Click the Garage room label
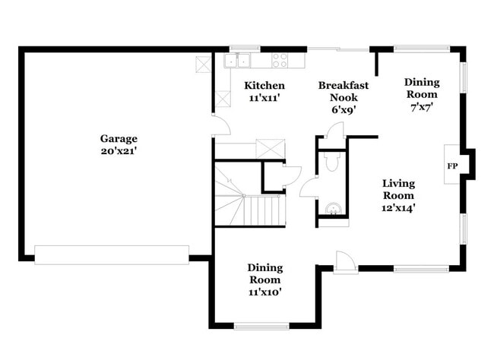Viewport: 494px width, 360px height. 119,138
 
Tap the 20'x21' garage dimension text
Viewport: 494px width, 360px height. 119,150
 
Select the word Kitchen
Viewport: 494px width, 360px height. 264,86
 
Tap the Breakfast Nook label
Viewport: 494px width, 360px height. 343,91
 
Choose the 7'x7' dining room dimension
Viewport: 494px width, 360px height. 420,107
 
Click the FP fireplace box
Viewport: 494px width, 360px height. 452,166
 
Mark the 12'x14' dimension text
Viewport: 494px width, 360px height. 398,207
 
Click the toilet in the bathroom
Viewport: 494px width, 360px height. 331,161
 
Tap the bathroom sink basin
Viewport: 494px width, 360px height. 331,208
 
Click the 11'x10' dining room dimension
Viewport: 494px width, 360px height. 264,292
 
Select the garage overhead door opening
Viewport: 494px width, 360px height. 112,254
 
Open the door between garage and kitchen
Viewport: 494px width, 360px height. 220,126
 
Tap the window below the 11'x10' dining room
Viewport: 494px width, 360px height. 261,326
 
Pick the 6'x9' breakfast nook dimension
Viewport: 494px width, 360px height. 343,109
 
